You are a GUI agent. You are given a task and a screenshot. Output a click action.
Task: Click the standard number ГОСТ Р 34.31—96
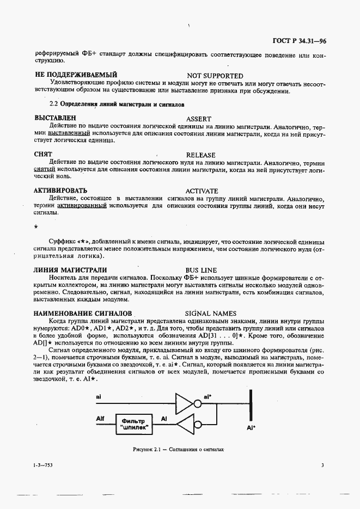pyautogui.click(x=299, y=41)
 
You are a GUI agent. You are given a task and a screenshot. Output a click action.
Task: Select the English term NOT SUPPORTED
pyautogui.click(x=215, y=76)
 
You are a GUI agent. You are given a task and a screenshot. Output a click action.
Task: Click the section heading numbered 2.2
pyautogui.click(x=117, y=103)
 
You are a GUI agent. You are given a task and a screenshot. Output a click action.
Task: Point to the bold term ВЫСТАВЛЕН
pyautogui.click(x=55, y=118)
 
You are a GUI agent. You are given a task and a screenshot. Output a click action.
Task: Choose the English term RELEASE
pyautogui.click(x=200, y=155)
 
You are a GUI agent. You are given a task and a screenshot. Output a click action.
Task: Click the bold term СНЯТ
pyautogui.click(x=43, y=155)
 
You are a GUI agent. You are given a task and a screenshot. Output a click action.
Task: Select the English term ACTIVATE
pyautogui.click(x=202, y=191)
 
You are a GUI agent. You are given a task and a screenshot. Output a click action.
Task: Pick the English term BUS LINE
pyautogui.click(x=201, y=270)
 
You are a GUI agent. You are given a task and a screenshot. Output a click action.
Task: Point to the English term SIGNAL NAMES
pyautogui.click(x=211, y=314)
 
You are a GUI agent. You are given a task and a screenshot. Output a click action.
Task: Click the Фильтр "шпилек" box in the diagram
pyautogui.click(x=133, y=423)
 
